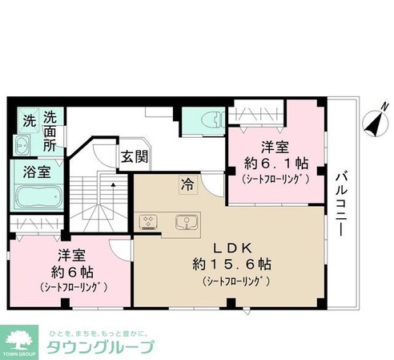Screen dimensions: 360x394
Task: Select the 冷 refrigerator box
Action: pos(185,183)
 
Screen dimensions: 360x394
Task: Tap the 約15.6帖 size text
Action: pos(231,265)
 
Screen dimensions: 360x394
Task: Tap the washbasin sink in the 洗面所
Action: pos(22,146)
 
